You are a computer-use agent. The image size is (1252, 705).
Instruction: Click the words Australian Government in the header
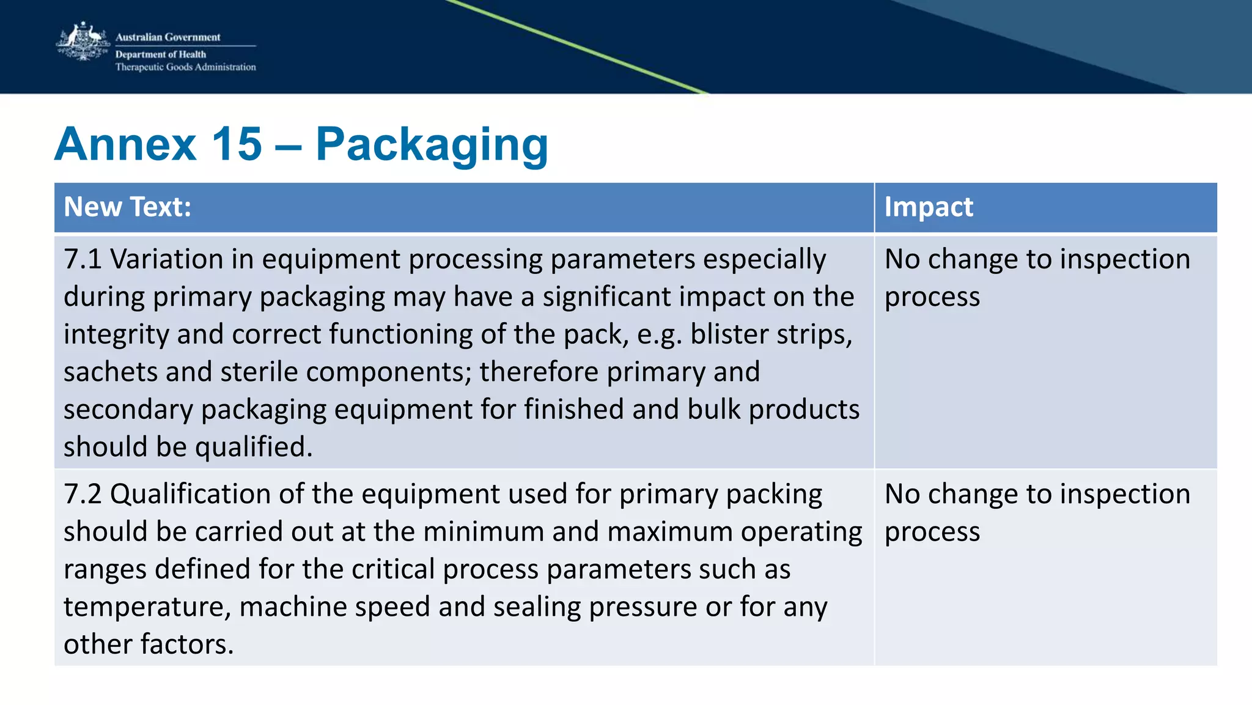pyautogui.click(x=168, y=37)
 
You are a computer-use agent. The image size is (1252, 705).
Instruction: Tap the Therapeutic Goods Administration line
pyautogui.click(x=185, y=67)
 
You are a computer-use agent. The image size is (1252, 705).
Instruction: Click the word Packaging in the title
pyautogui.click(x=432, y=146)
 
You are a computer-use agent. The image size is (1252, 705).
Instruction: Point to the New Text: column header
pyautogui.click(x=127, y=207)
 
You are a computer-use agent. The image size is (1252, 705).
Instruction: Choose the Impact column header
pyautogui.click(x=928, y=207)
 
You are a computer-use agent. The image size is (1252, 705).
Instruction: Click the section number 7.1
pyautogui.click(x=83, y=259)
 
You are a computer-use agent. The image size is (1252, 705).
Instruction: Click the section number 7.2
pyautogui.click(x=83, y=494)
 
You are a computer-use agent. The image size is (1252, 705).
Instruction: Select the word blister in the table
pyautogui.click(x=727, y=334)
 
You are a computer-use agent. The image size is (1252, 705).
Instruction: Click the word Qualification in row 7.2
pyautogui.click(x=190, y=494)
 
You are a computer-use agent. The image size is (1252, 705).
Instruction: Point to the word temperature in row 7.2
pyautogui.click(x=147, y=607)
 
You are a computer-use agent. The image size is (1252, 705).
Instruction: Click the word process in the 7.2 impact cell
pyautogui.click(x=932, y=532)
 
